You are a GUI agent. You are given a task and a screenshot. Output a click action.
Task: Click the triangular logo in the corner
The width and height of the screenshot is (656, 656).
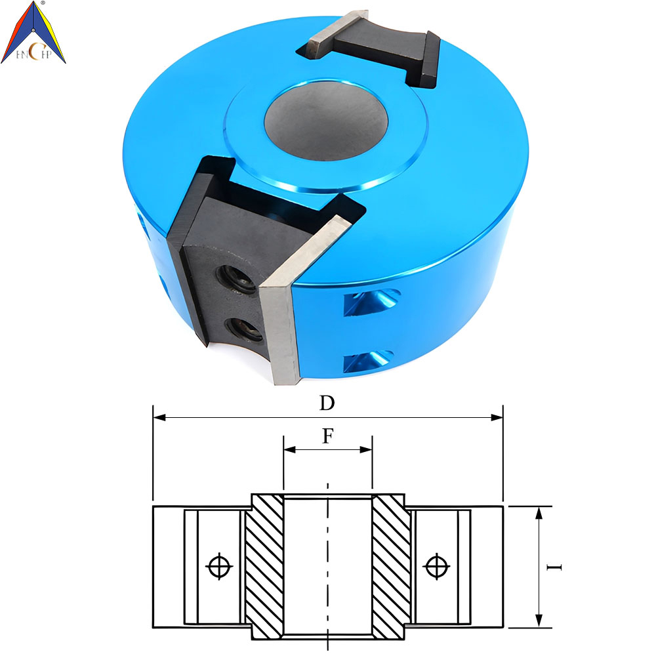(33, 33)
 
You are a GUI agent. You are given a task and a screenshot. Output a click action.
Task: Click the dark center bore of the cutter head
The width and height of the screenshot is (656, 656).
(326, 121)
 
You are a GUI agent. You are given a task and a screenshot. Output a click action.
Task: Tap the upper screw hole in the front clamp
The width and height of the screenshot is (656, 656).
(236, 278)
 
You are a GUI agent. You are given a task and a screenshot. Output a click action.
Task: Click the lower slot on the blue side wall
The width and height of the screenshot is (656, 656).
(368, 361)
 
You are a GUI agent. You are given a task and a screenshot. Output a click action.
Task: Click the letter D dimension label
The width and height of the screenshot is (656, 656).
(327, 403)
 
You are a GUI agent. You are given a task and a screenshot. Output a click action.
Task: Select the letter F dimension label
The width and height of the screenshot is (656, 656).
(328, 436)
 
